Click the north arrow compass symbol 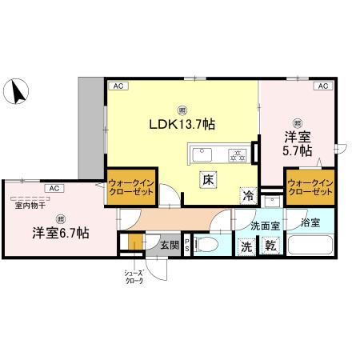pos(17,92)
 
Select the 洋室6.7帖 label pos(60,233)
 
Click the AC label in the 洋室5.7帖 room pos(323,85)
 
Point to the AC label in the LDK pos(118,85)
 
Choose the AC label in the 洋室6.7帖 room pos(53,188)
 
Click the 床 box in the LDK pos(206,181)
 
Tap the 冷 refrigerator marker pos(248,194)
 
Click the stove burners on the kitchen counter pos(238,154)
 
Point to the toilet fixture pos(210,245)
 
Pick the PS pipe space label pos(187,246)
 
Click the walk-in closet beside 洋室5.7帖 pos(310,187)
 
